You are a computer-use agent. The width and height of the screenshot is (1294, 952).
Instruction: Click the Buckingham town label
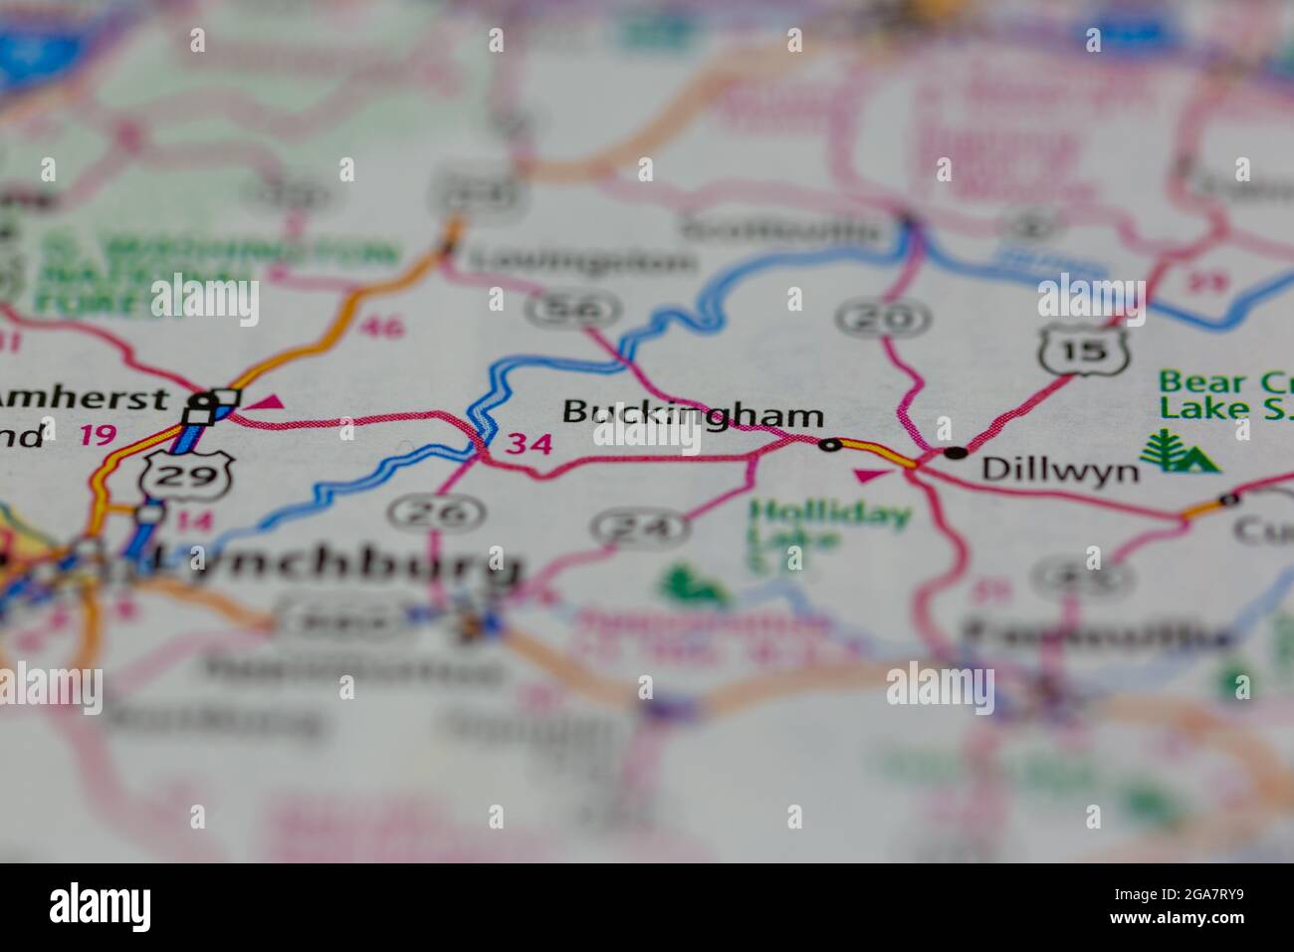694,413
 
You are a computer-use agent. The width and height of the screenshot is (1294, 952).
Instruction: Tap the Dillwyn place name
1060,469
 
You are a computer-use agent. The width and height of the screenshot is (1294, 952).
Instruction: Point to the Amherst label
84,398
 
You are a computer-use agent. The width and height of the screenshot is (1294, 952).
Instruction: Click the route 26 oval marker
437,513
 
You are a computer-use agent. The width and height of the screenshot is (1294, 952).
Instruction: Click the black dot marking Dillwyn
956,452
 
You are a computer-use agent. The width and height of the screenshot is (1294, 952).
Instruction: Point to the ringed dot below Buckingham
829,445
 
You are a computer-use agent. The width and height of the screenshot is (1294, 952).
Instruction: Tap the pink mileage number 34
528,444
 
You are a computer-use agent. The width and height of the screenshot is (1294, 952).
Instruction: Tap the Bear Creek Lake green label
1223,394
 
